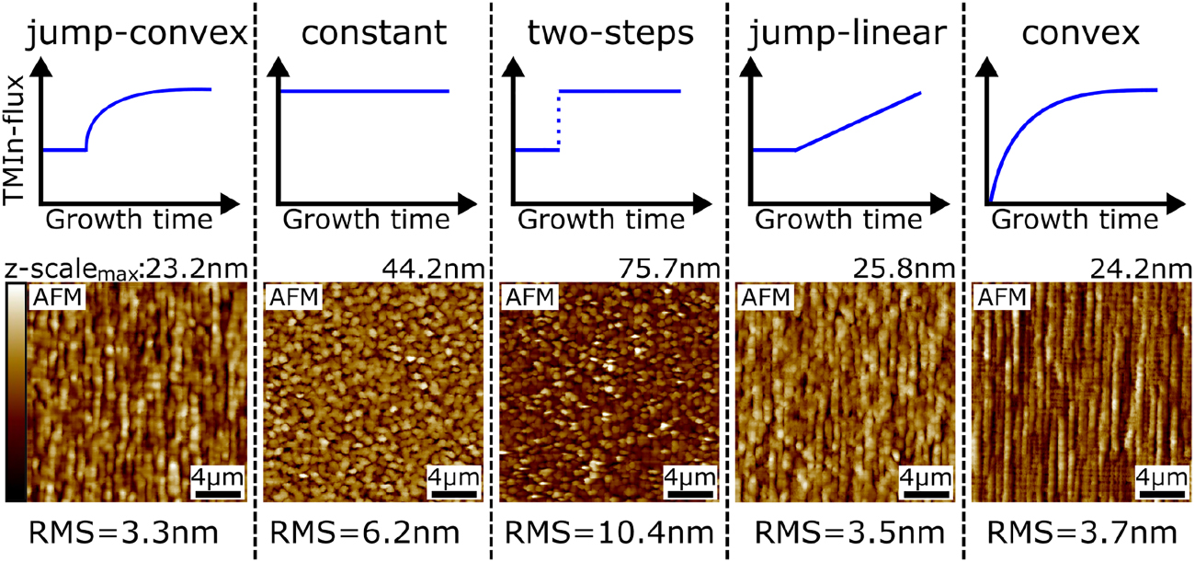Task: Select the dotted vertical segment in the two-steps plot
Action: (x=558, y=120)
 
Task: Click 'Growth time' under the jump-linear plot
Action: (x=842, y=221)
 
